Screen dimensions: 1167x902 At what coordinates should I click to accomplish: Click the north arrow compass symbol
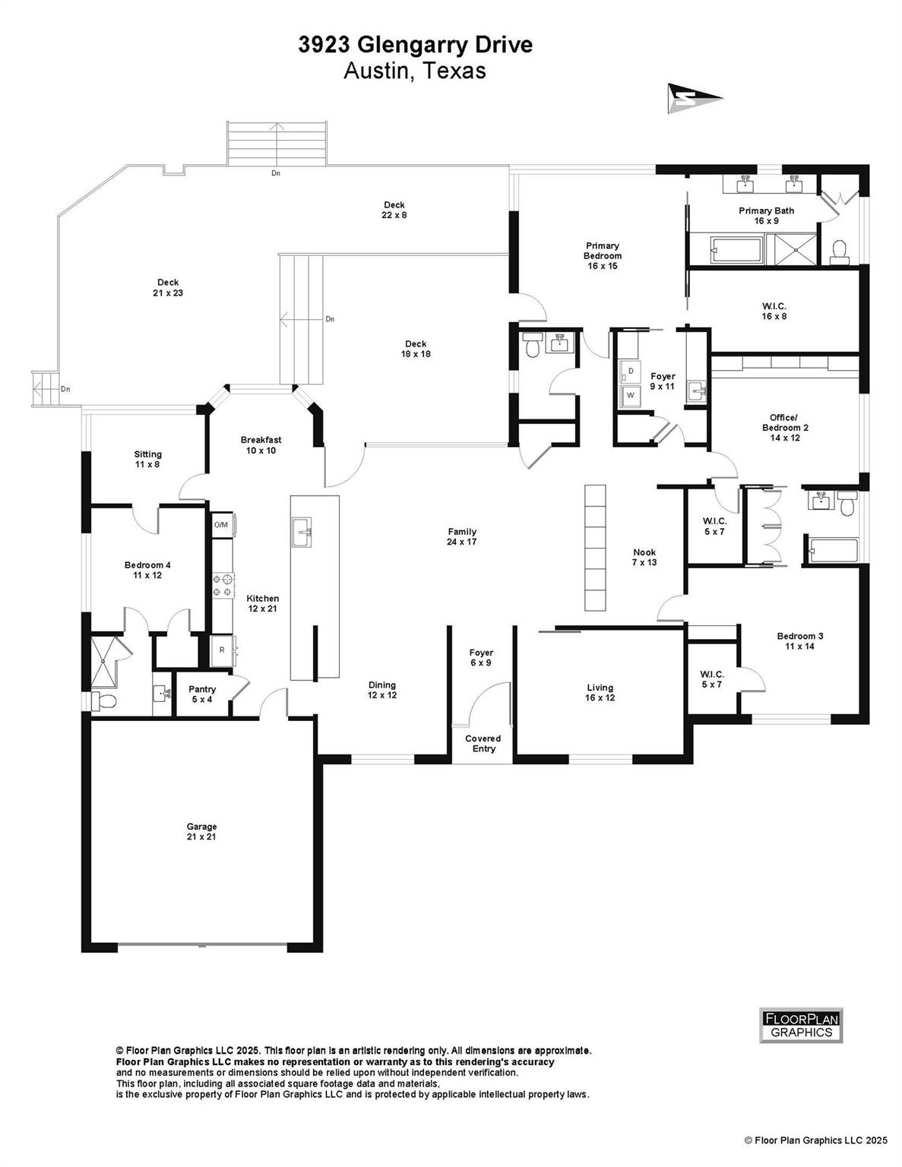[x=694, y=98]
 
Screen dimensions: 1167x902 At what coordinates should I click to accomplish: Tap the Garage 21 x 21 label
[x=202, y=831]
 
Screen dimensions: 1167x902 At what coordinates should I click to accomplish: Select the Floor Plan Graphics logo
[x=802, y=1025]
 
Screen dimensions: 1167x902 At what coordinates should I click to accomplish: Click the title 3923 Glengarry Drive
[x=415, y=46]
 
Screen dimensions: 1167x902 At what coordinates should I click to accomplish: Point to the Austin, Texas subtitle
[x=415, y=71]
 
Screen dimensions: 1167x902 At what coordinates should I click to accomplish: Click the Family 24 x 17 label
[x=462, y=537]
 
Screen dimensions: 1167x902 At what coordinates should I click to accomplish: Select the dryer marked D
[x=630, y=372]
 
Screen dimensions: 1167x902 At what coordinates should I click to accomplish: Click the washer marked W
[x=630, y=395]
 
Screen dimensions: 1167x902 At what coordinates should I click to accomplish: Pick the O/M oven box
[x=221, y=525]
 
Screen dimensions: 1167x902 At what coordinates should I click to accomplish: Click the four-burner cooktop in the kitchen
[x=223, y=585]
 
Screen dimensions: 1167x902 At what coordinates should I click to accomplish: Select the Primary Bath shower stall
[x=791, y=248]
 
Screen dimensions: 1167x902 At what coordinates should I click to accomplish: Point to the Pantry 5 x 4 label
[x=202, y=694]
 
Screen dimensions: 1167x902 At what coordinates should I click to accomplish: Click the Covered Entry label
[x=483, y=743]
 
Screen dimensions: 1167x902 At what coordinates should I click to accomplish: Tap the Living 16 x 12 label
[x=600, y=693]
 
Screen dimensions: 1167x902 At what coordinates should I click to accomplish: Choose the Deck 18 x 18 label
[x=416, y=349]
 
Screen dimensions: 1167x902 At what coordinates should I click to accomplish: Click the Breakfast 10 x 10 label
[x=261, y=445]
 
